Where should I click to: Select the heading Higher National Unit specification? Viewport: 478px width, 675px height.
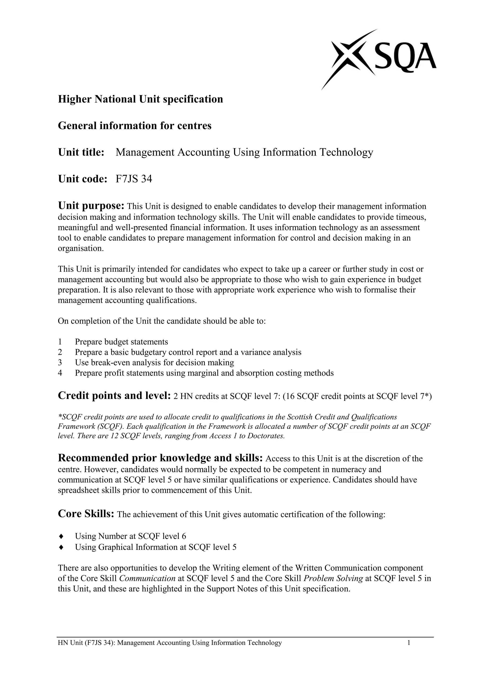[x=141, y=99]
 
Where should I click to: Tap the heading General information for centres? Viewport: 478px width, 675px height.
[x=134, y=126]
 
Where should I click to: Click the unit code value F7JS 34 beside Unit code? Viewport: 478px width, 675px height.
[x=134, y=179]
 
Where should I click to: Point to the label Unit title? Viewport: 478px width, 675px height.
[x=81, y=152]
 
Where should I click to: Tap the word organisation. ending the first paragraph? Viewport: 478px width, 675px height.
[x=81, y=248]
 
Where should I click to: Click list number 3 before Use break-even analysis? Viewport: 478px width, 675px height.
[x=60, y=362]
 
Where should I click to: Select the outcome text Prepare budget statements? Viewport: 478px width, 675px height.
[x=121, y=342]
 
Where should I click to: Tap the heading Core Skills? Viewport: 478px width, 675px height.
[x=86, y=514]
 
